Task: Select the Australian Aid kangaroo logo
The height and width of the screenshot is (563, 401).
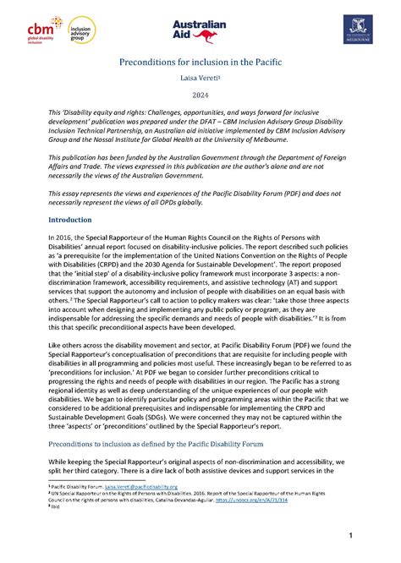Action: click(200, 31)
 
